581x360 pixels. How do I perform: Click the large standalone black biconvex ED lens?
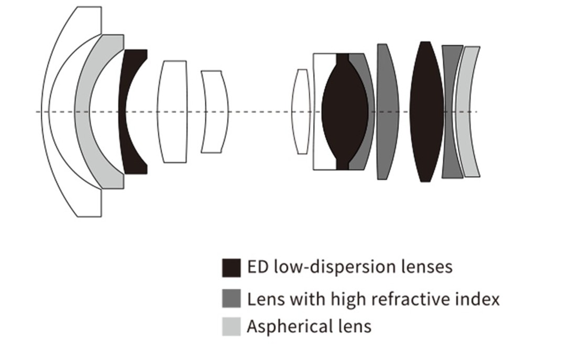click(x=426, y=112)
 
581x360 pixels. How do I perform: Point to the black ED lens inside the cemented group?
click(x=343, y=112)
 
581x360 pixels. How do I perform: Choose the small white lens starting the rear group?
click(x=300, y=112)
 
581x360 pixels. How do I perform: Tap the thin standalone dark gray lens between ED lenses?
click(x=387, y=112)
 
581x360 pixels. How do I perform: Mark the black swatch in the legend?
click(x=232, y=267)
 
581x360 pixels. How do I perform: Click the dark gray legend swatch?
click(x=232, y=299)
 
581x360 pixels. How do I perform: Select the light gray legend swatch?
click(x=232, y=326)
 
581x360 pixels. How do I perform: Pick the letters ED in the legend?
click(x=258, y=267)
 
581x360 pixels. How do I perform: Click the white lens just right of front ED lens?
click(x=172, y=112)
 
